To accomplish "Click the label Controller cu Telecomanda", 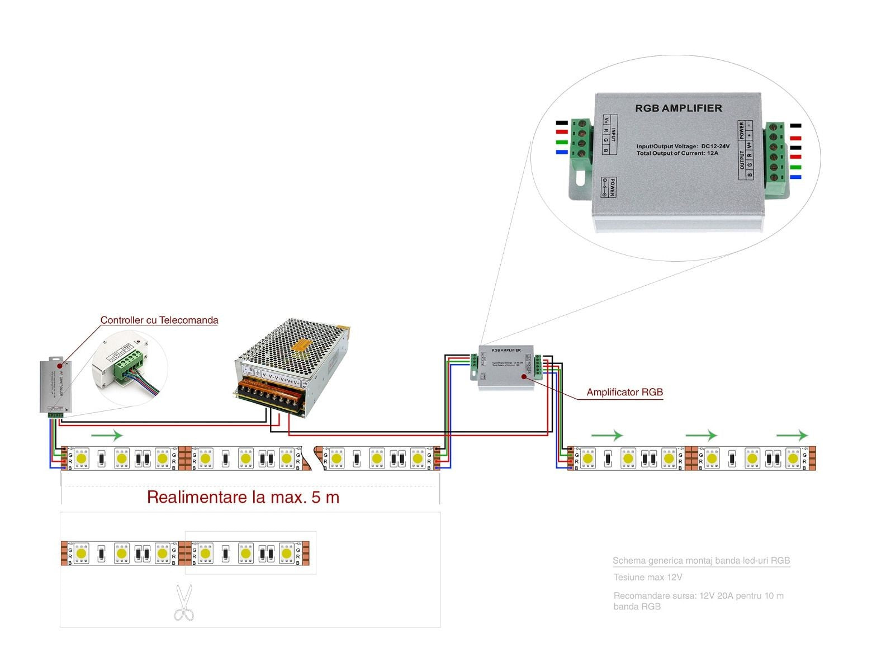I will pos(159,320).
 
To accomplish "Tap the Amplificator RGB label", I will pos(624,392).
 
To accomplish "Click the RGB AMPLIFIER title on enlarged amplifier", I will pos(678,108).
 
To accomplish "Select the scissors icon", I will pos(183,603).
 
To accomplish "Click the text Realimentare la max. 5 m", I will pos(243,497).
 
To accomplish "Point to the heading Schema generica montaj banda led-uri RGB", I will pos(701,560).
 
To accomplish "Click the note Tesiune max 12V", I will pos(647,577).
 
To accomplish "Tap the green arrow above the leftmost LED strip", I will pos(107,435).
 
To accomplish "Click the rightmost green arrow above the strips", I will pos(792,435).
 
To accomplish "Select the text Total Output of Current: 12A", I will pos(677,153).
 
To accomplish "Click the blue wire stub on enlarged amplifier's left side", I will pos(561,152).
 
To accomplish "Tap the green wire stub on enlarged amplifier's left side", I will pos(561,143).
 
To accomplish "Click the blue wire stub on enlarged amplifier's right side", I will pos(795,177).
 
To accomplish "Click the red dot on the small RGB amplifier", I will pos(524,376).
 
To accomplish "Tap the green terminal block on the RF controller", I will pos(55,415).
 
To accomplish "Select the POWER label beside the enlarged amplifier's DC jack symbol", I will pos(612,187).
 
